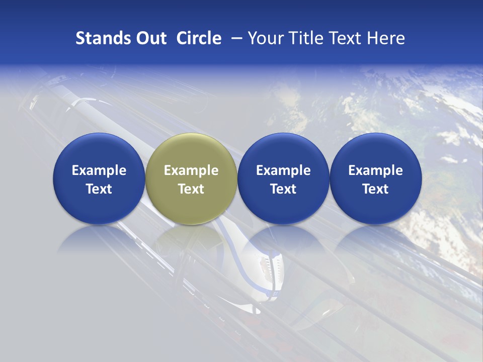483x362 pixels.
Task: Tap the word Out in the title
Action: click(x=149, y=38)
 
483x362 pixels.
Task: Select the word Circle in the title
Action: click(x=199, y=38)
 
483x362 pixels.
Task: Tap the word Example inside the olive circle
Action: click(x=191, y=170)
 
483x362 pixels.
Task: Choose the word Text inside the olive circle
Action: click(x=191, y=189)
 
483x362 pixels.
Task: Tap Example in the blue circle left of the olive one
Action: click(x=99, y=170)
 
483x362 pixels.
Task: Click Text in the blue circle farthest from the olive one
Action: click(x=376, y=189)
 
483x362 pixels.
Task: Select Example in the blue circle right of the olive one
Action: click(x=283, y=170)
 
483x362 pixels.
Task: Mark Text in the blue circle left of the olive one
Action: click(x=99, y=189)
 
